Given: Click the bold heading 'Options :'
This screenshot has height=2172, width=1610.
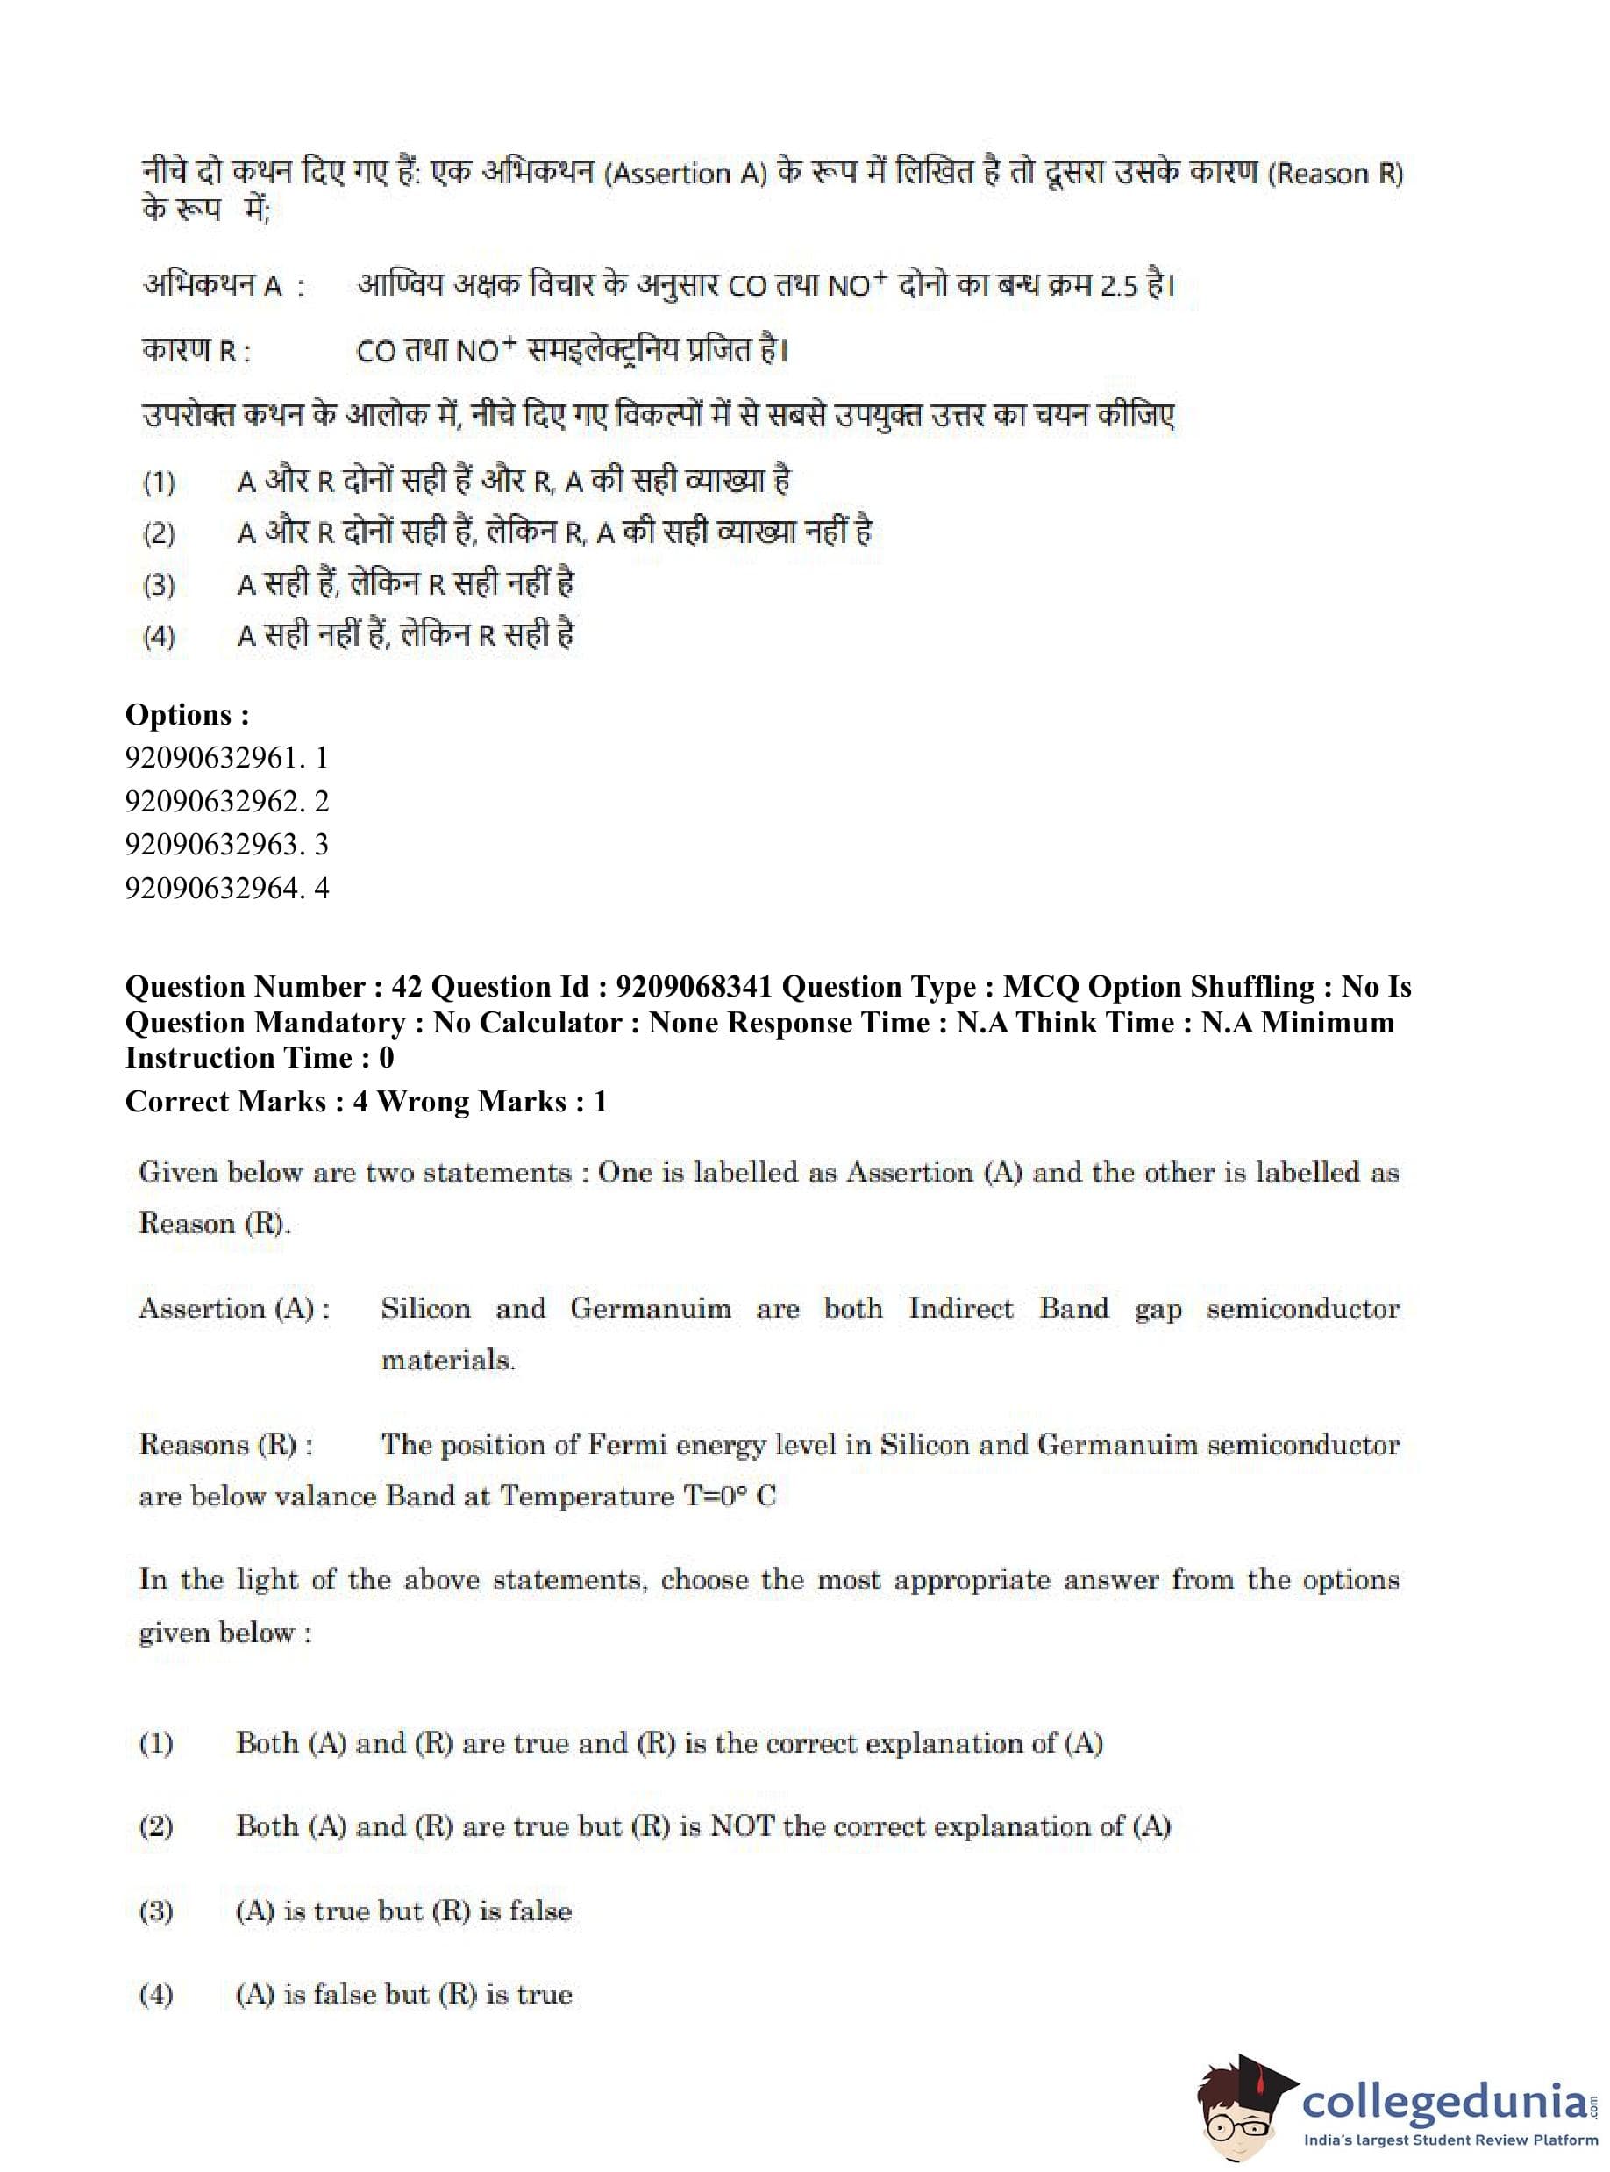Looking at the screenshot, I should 187,715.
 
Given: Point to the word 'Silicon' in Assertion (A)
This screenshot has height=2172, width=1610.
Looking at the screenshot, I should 425,1308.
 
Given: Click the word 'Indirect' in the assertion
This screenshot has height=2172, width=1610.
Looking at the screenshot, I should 961,1308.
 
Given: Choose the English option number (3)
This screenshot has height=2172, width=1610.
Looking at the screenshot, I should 156,1911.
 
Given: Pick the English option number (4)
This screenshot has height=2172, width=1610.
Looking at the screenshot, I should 156,1995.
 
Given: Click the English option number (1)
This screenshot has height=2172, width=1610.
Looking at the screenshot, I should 156,1743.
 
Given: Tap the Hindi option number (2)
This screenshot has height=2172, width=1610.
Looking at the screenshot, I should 159,534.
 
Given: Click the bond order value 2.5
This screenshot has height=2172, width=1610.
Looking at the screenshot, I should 1119,287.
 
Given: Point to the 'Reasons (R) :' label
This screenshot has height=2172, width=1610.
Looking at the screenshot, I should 226,1445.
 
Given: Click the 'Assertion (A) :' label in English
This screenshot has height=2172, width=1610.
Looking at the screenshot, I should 234,1308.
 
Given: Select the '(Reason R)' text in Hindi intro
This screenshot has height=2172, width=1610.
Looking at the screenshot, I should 1336,174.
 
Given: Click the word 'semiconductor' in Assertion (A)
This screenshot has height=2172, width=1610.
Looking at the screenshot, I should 1302,1308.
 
